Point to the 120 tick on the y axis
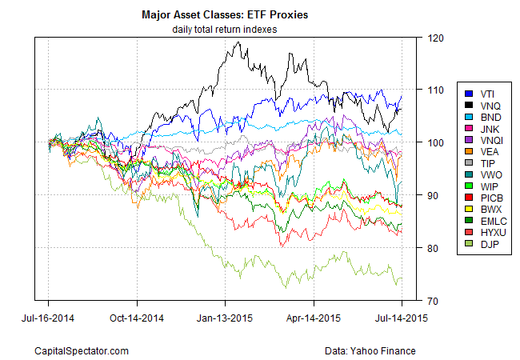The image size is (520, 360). point(436,38)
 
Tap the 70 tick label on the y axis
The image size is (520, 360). point(434,301)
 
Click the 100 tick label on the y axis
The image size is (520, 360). point(436,143)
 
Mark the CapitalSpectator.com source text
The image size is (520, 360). point(82,350)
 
